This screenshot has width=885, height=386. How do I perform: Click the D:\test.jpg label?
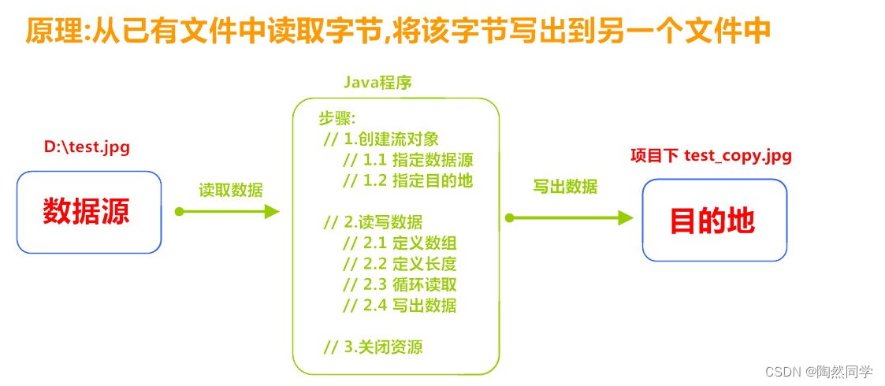click(x=87, y=147)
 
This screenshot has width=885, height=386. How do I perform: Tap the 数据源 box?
click(x=88, y=212)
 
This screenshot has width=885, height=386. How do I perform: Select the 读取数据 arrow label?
click(x=231, y=190)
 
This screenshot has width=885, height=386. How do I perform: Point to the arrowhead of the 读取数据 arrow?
click(x=272, y=211)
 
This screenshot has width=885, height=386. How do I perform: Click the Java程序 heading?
click(x=378, y=82)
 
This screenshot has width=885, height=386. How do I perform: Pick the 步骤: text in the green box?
click(x=337, y=119)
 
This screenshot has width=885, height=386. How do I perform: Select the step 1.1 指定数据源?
click(x=408, y=160)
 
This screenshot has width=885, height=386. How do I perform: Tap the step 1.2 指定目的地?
click(x=408, y=180)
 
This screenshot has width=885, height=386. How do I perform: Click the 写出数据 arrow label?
click(x=565, y=187)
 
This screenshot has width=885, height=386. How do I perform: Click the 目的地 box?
click(x=714, y=220)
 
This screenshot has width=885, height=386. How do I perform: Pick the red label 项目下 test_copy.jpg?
click(x=711, y=155)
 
